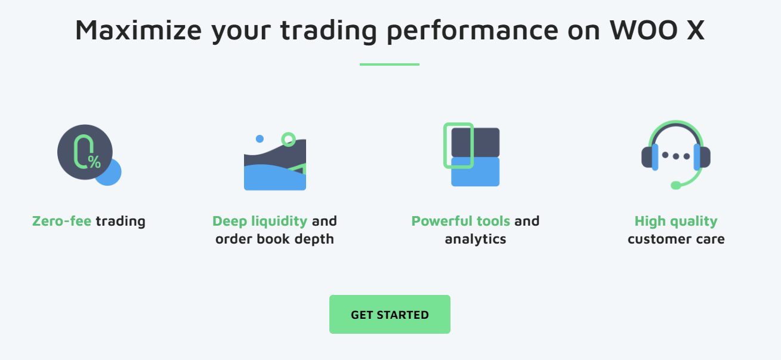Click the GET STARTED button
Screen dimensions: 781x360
(390, 314)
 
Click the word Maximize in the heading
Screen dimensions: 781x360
(138, 30)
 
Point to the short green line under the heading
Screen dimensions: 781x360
(390, 64)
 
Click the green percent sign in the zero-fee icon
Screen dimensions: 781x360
(94, 162)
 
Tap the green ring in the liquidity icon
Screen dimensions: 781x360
(288, 140)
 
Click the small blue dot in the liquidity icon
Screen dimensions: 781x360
(260, 139)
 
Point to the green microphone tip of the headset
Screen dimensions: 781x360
(676, 185)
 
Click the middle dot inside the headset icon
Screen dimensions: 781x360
(676, 156)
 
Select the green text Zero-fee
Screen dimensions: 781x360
(61, 221)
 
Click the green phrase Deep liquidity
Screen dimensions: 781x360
(260, 221)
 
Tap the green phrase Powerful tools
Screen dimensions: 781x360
(461, 221)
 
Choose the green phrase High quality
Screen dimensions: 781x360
(676, 221)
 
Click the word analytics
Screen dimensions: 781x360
(476, 239)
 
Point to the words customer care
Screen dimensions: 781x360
(676, 239)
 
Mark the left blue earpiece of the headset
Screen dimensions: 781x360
(655, 157)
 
